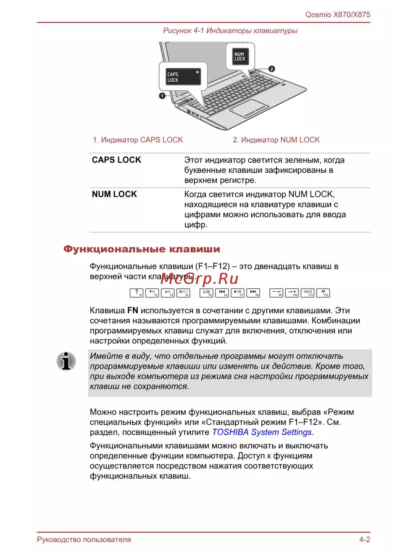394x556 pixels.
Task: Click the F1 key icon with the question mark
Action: click(x=136, y=293)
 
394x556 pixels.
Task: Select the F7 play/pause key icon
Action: click(x=238, y=293)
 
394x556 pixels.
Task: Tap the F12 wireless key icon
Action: click(x=323, y=293)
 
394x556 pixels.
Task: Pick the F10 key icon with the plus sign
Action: click(x=292, y=293)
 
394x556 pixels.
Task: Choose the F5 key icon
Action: click(x=206, y=293)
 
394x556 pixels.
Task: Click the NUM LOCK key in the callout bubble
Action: click(x=240, y=57)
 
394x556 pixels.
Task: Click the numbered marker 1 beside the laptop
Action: click(x=162, y=96)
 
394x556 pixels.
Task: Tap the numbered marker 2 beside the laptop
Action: click(x=272, y=69)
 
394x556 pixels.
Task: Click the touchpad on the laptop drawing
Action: click(x=249, y=108)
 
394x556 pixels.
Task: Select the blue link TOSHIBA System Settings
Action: click(x=262, y=432)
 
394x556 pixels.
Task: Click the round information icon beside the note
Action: click(x=66, y=361)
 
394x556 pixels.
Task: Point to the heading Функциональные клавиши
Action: click(x=142, y=249)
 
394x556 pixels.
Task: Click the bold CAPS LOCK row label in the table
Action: click(x=117, y=160)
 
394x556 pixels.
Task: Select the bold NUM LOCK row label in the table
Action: click(x=114, y=194)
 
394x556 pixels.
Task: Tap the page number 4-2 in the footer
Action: click(x=364, y=539)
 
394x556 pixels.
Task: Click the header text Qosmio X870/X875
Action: click(x=338, y=15)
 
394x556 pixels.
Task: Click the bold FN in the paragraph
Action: click(x=133, y=311)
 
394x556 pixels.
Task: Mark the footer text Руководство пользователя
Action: click(x=84, y=539)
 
